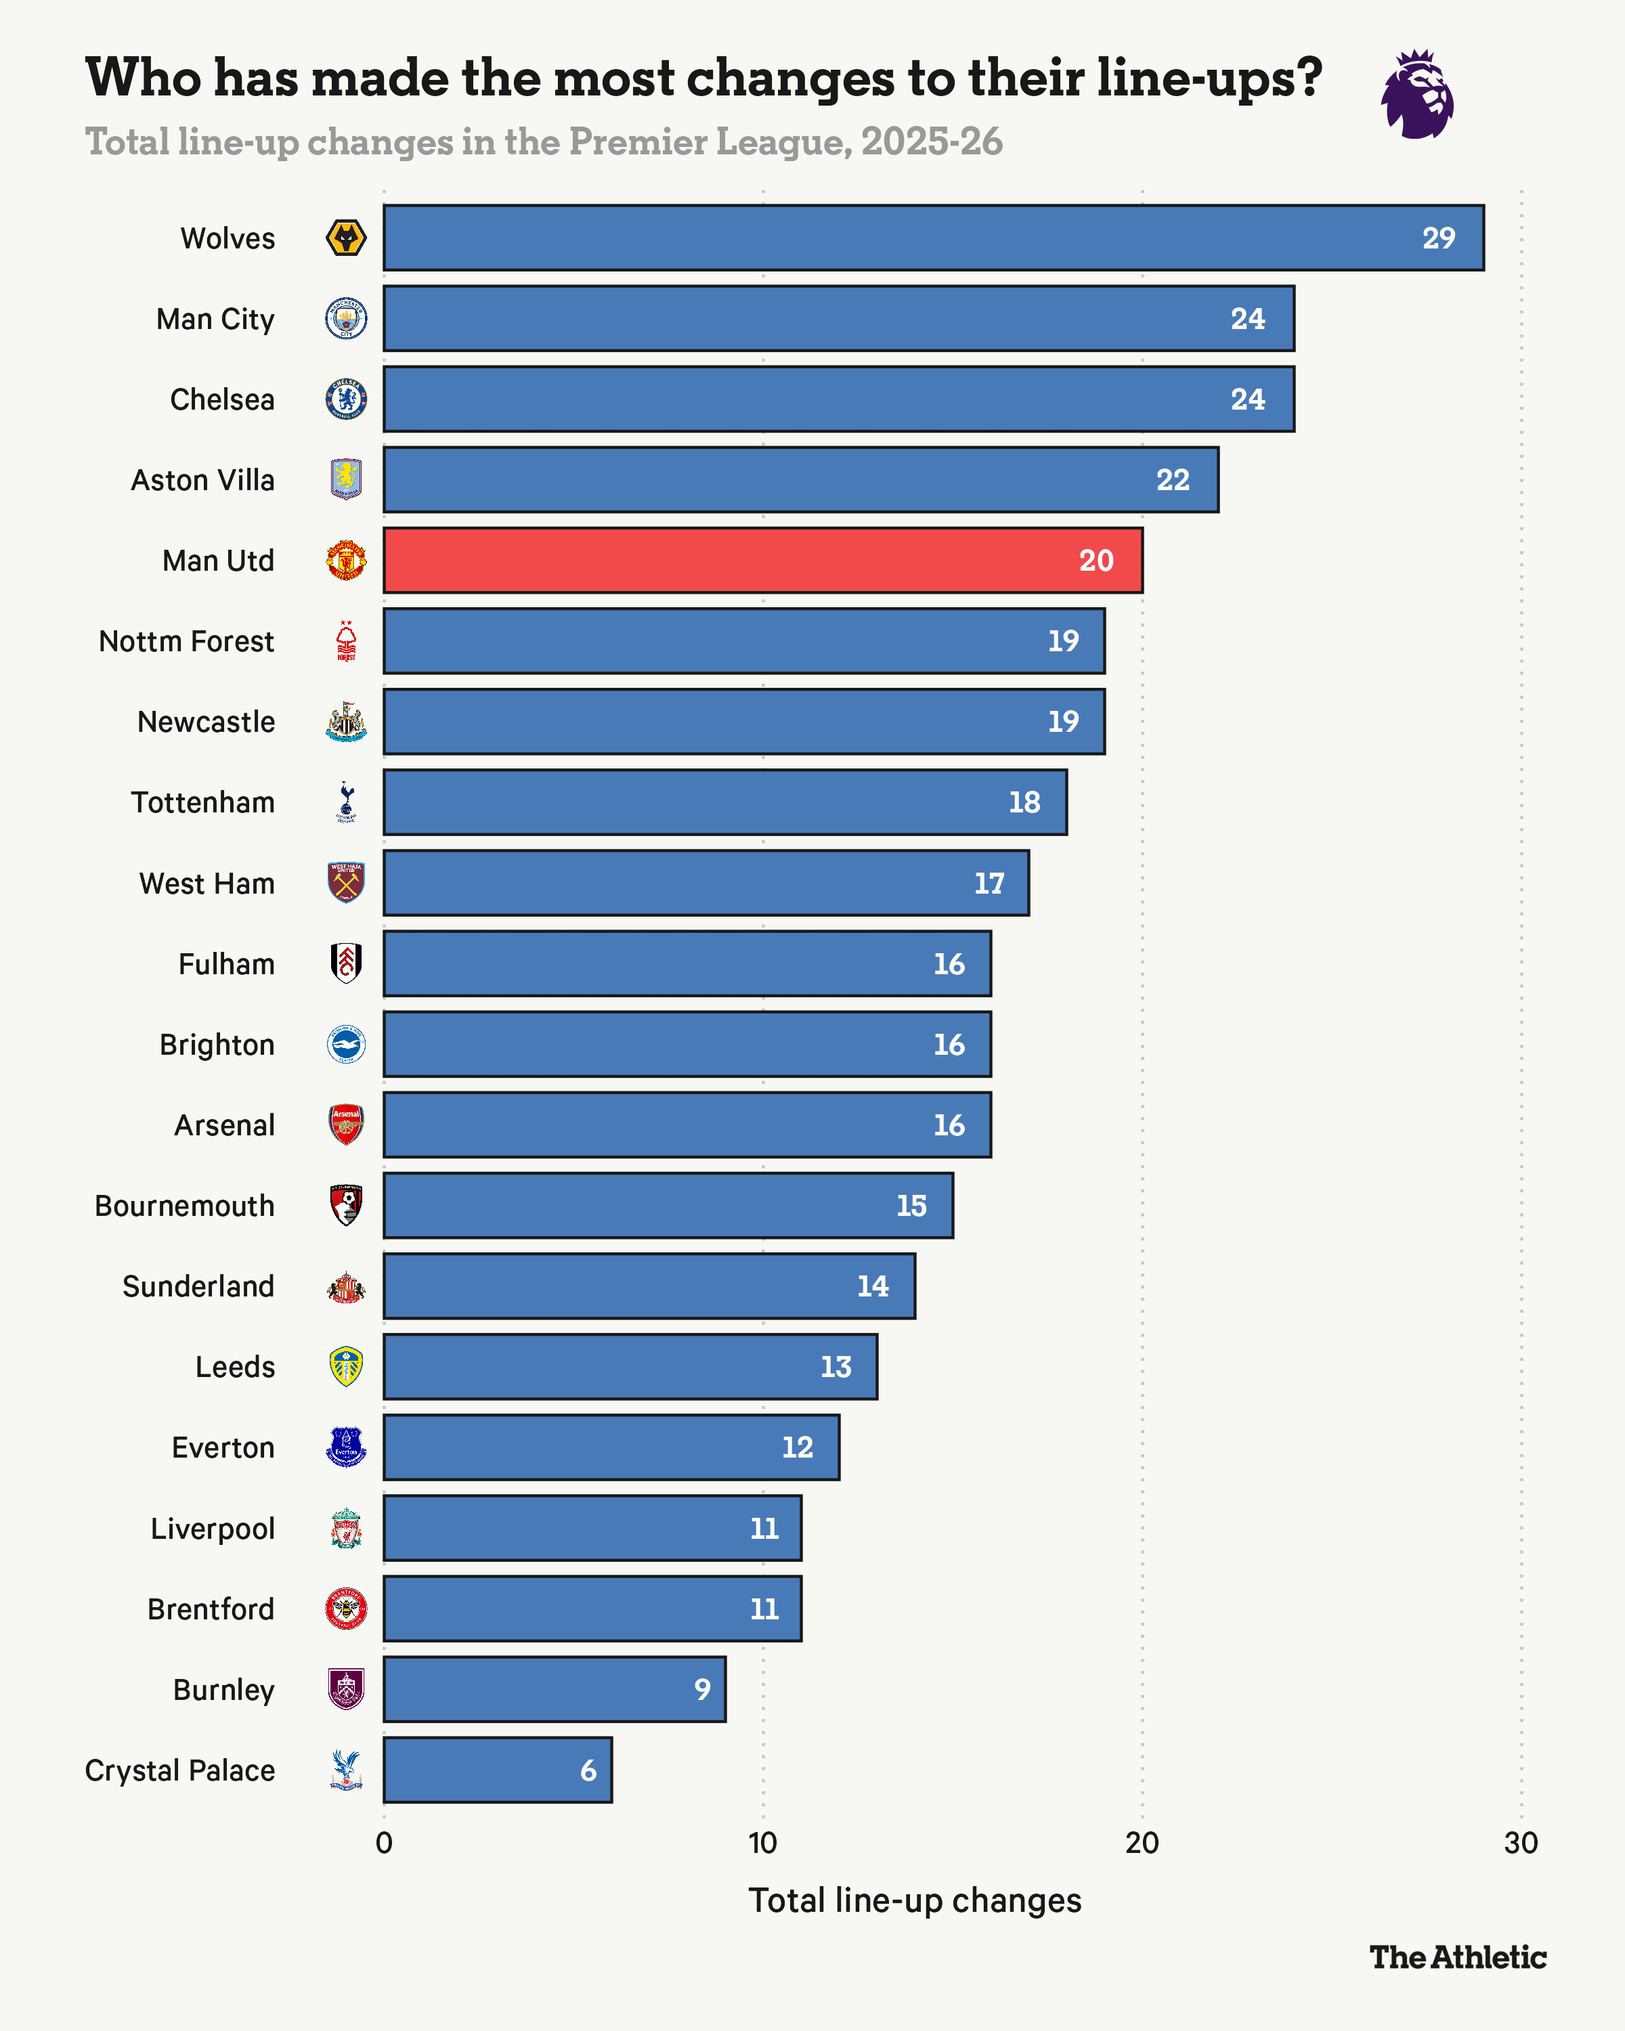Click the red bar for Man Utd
[763, 561]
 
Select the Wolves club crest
[346, 238]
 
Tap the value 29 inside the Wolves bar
[1439, 238]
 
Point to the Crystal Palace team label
[180, 1771]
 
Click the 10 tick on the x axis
[763, 1843]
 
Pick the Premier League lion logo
[1417, 94]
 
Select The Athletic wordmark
[1457, 1957]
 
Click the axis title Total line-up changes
[915, 1900]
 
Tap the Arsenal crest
[346, 1124]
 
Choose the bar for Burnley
[554, 1690]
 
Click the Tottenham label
[202, 803]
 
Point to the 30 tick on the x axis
[1521, 1843]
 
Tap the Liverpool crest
[346, 1528]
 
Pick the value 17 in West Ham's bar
[989, 883]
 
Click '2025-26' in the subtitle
[932, 142]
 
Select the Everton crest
[346, 1448]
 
